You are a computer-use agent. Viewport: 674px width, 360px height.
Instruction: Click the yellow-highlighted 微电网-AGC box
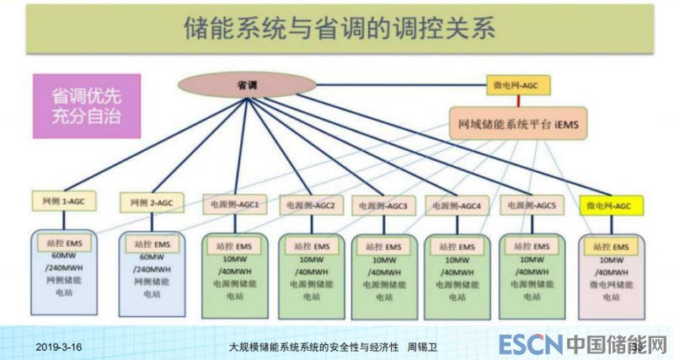pyautogui.click(x=611, y=205)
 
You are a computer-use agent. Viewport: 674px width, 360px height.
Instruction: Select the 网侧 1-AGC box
pyautogui.click(x=62, y=203)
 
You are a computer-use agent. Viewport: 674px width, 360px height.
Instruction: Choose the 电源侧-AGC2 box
pyautogui.click(x=311, y=205)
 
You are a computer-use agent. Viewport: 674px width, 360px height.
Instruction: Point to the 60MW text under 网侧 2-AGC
pyautogui.click(x=152, y=256)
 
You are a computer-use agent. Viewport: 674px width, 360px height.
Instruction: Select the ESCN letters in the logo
pyautogui.click(x=529, y=345)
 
